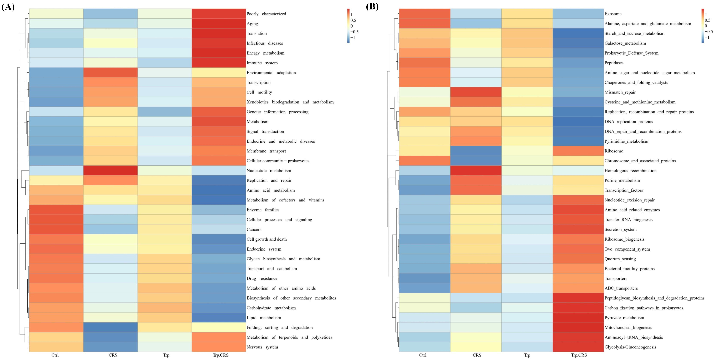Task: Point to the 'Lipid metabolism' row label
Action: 264,318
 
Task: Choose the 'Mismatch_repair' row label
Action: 620,92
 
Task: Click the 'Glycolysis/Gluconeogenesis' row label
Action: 630,347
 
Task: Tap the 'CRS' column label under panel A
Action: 113,355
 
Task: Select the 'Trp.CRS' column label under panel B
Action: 579,355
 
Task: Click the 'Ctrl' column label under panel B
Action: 423,355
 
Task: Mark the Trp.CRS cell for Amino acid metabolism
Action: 219,190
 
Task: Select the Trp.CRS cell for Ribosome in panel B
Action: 578,151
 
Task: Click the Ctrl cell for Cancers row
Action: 56,229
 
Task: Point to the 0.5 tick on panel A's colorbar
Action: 353,20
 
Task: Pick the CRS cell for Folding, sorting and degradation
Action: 110,327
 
